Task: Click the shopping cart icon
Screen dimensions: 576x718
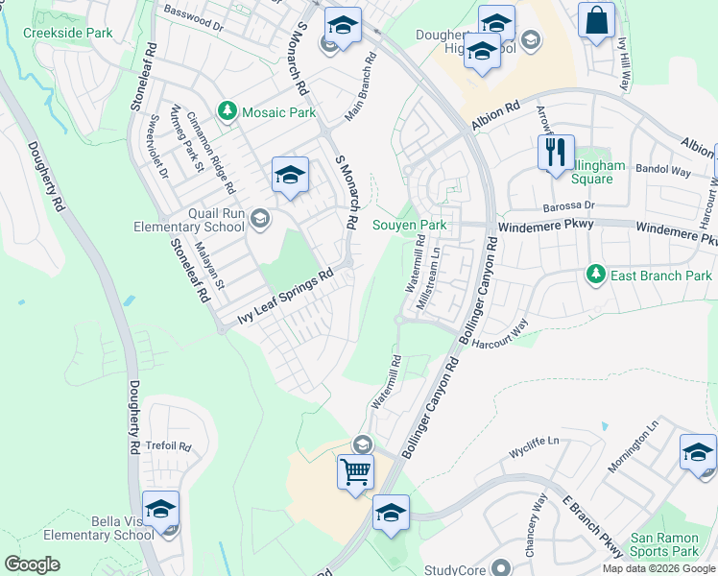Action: coord(355,471)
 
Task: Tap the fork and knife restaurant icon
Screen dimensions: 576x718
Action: coord(556,152)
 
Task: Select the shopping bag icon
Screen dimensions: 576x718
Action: coord(597,20)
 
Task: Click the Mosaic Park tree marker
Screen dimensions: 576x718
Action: coord(227,112)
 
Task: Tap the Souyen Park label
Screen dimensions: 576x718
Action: coord(410,225)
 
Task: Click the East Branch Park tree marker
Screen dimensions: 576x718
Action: coord(596,276)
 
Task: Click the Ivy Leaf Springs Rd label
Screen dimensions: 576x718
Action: coord(285,298)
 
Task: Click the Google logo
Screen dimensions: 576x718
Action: coord(32,564)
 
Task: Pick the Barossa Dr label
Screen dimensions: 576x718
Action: coord(572,205)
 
